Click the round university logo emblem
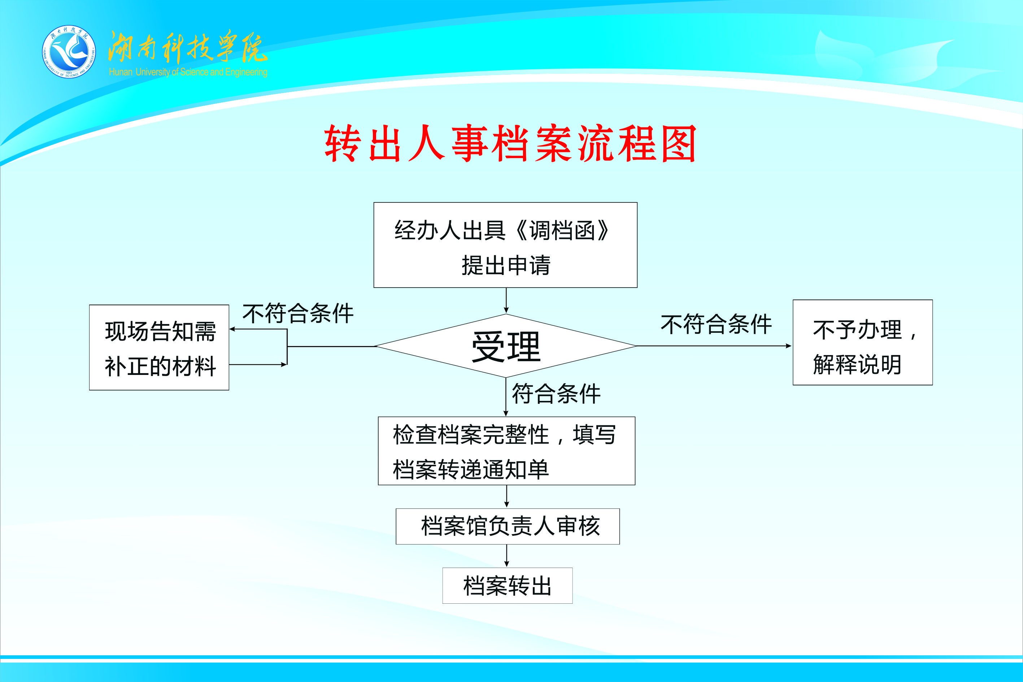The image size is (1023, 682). pos(69,52)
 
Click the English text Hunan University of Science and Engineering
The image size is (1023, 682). pos(188,72)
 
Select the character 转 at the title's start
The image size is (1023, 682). pos(343,144)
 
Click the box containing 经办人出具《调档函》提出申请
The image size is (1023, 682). pos(505,245)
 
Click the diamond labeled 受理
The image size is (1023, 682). pos(506,346)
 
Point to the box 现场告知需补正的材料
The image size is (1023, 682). pos(159,347)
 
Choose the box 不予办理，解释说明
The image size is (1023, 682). pos(862,342)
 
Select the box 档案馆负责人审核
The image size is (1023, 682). pos(508,526)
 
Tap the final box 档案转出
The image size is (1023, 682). pos(508,585)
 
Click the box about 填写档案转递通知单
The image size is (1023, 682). pos(506,451)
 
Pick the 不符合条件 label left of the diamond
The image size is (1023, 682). pos(298,313)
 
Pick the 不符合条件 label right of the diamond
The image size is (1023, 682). pos(716,324)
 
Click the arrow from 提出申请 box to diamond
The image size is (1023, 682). pos(506,301)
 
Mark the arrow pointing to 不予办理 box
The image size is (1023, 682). pos(714,346)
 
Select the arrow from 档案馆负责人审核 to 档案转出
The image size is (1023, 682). pos(506,555)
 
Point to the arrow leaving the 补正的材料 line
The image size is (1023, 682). pos(258,364)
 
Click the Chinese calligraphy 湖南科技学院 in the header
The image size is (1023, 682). pos(187,47)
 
